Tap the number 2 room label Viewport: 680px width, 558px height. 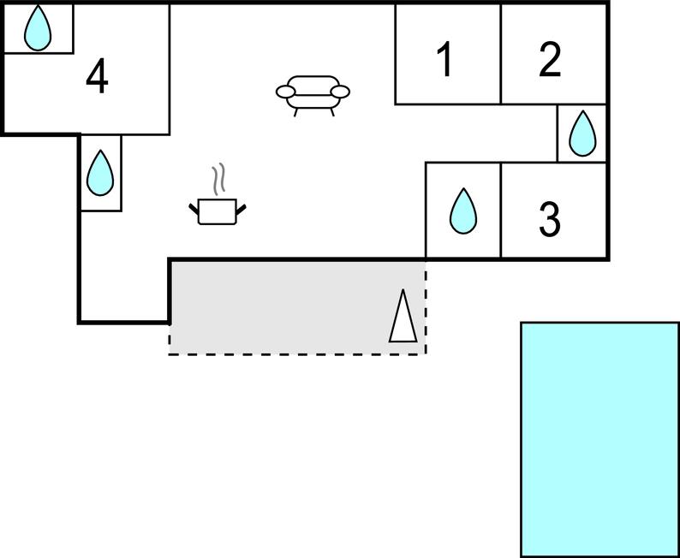pos(550,60)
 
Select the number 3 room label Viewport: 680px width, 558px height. pos(550,220)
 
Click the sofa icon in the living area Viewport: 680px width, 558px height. pos(313,96)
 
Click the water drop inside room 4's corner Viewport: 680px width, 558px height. pos(38,28)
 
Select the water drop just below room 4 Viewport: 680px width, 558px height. pos(100,172)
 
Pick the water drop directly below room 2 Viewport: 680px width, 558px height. pos(582,134)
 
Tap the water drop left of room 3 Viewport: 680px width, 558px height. pos(463,211)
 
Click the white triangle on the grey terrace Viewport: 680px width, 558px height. pos(403,316)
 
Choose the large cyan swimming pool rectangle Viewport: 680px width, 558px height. pos(599,439)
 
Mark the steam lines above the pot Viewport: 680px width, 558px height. pos(219,178)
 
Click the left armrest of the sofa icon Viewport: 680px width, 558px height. pos(286,92)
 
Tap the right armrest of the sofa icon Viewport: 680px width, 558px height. pos(340,92)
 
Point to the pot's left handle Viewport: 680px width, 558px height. pos(194,208)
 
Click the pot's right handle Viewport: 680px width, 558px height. pos(241,208)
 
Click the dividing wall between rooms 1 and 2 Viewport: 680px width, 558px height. pos(501,54)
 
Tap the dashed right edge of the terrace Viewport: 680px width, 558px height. pos(426,307)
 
